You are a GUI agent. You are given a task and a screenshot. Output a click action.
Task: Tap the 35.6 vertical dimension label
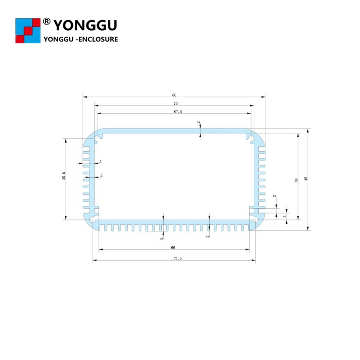[64, 176]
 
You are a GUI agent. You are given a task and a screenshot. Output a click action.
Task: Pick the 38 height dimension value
[296, 180]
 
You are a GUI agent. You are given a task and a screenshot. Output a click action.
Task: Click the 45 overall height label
[306, 179]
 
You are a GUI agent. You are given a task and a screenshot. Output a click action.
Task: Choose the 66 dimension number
[173, 247]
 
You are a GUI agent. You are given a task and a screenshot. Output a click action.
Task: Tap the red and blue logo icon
[28, 30]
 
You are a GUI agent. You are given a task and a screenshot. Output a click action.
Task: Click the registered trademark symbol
[47, 21]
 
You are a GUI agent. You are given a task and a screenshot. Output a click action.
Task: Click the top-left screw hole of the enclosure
[97, 139]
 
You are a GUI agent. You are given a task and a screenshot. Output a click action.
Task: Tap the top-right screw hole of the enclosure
[252, 139]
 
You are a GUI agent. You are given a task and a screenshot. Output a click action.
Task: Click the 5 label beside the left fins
[100, 162]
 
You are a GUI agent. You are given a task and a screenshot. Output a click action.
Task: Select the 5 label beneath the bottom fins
[162, 236]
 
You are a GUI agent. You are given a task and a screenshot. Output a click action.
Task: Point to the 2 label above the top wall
[198, 123]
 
